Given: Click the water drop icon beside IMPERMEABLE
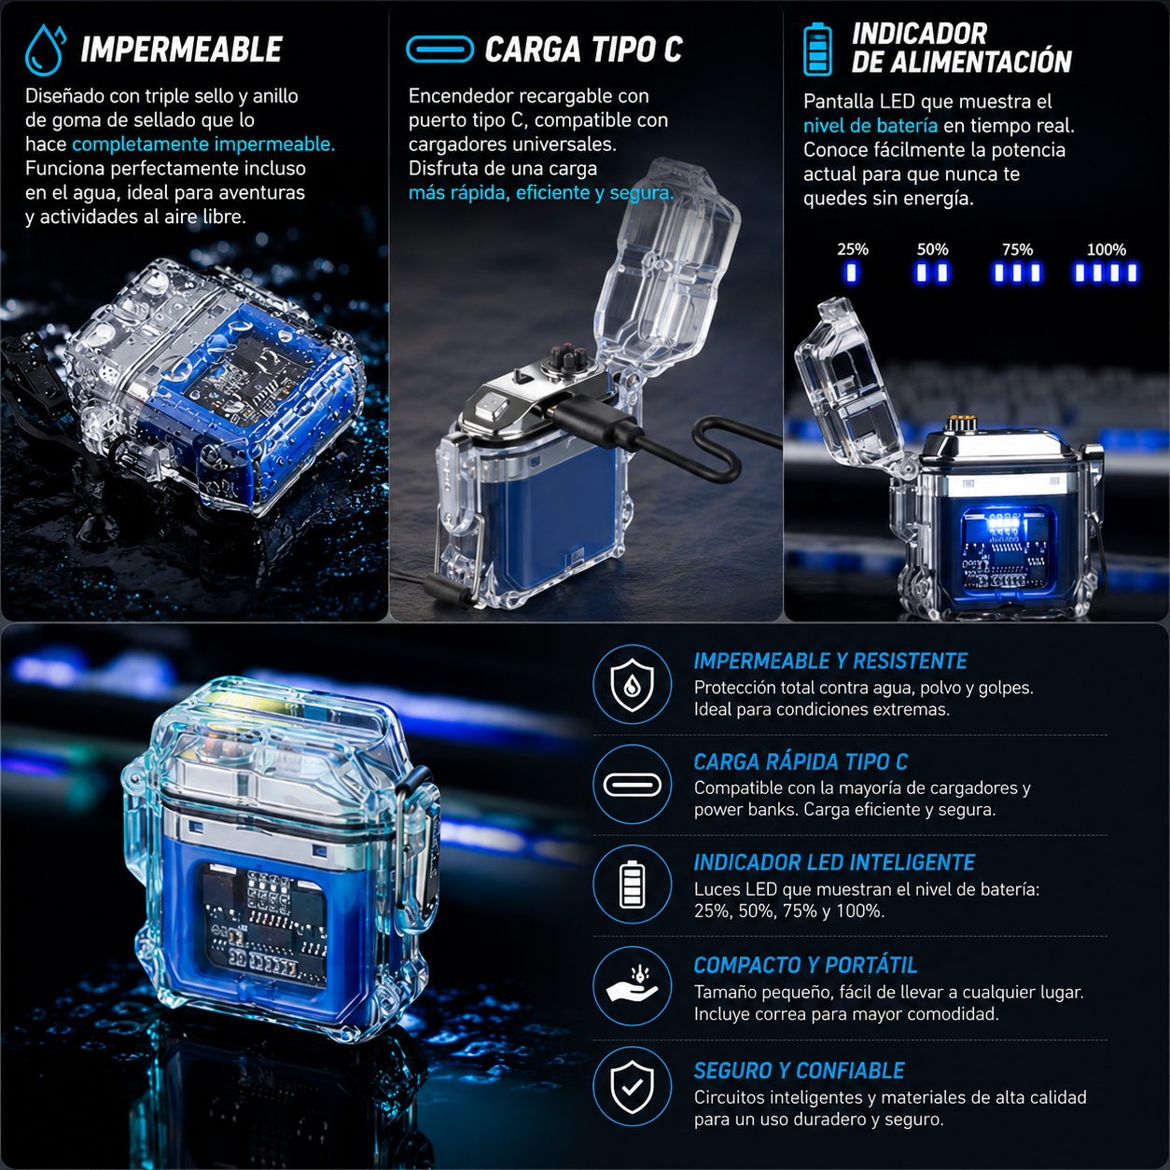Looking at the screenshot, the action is [45, 49].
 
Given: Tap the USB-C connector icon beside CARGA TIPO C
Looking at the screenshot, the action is [439, 49].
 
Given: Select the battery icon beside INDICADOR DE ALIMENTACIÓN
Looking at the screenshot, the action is [817, 49].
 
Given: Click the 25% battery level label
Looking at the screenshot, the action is [853, 249].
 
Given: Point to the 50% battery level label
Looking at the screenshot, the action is [933, 249].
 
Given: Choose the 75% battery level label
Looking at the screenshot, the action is [1017, 249].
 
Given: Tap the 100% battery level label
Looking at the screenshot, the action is [1107, 249].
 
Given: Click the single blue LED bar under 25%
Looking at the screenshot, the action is [851, 272].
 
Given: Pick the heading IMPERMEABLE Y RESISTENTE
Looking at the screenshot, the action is [830, 661].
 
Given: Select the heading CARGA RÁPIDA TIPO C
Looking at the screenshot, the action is [801, 761].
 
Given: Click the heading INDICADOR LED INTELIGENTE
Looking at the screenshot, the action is [833, 862].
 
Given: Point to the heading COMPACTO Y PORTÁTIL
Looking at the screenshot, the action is [805, 965].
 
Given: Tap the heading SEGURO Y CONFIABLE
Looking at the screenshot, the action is [799, 1070].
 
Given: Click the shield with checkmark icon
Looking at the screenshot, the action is [632, 1087].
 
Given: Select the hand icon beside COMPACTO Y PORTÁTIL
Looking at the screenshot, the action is [632, 986].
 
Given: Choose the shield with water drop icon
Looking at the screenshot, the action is [632, 684].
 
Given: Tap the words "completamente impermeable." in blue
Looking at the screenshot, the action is [203, 144].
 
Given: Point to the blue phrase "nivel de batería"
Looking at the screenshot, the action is [871, 126].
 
